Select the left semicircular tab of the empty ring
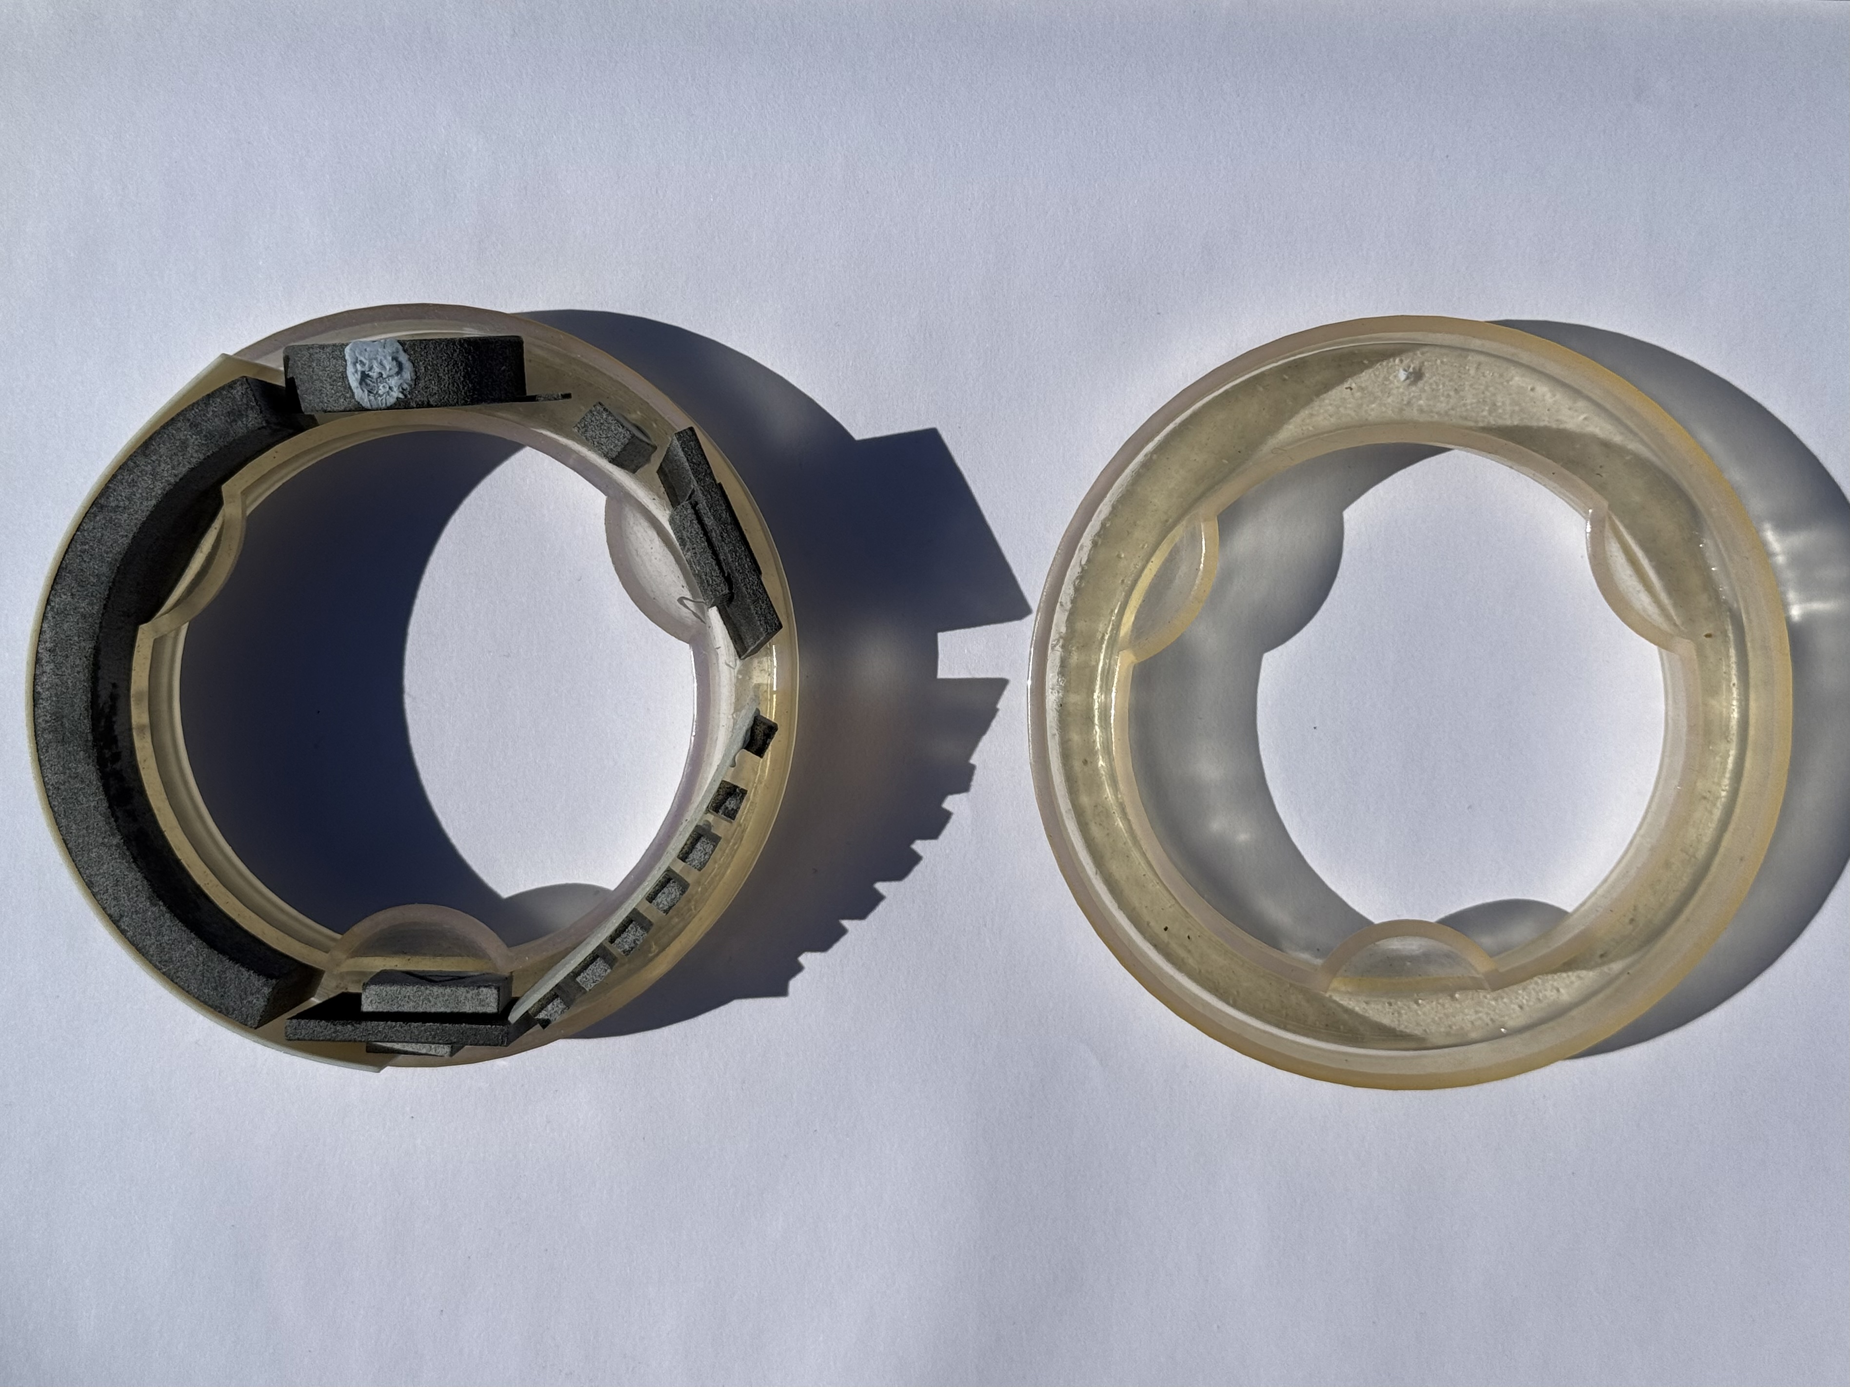tap(1167, 577)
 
